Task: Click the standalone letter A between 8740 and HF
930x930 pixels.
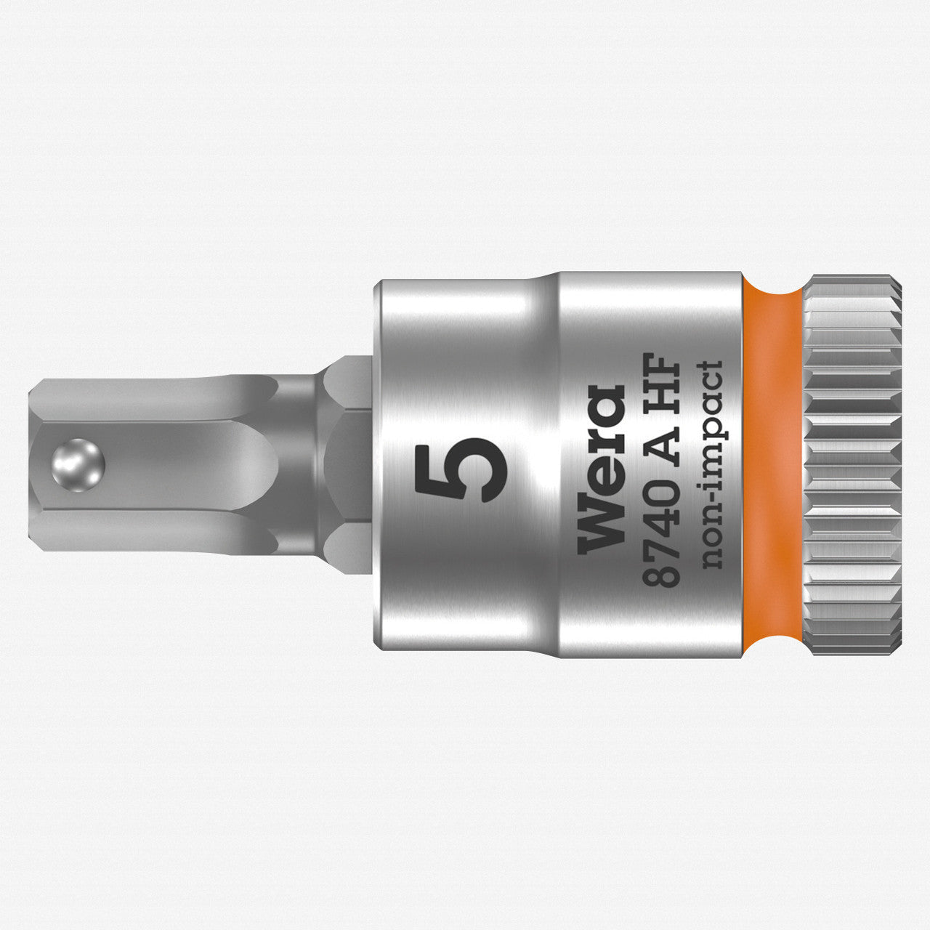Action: click(661, 440)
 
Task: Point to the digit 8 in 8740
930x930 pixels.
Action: click(661, 570)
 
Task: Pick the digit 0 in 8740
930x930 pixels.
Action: click(661, 485)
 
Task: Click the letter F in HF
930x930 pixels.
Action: click(661, 363)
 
